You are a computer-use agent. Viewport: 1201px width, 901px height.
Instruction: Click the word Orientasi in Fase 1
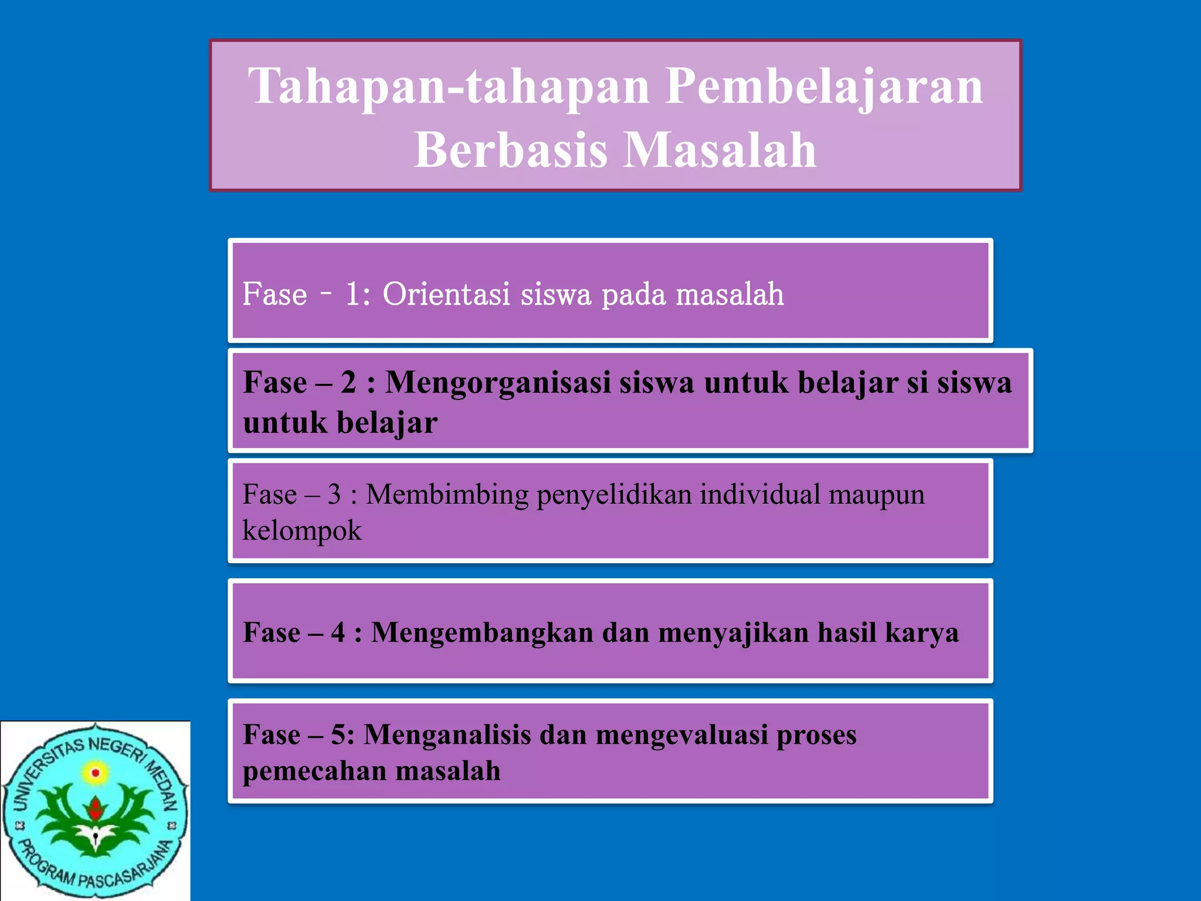coord(446,294)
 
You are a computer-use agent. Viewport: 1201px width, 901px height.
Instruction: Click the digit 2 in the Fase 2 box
coord(349,382)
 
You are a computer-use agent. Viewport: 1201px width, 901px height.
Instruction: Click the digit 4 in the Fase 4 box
coord(338,633)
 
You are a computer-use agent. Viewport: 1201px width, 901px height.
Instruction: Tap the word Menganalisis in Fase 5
coord(447,736)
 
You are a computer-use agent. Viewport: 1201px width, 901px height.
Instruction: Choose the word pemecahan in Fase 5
coord(315,771)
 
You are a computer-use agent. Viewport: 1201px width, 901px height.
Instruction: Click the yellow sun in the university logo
coord(96,773)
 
